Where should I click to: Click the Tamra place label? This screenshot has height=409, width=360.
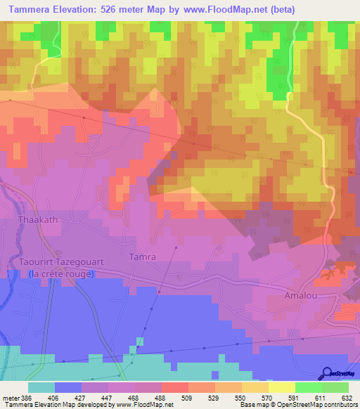click(142, 257)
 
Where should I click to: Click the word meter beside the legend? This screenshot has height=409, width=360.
click(10, 397)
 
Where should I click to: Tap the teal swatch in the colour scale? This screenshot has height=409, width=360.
click(41, 387)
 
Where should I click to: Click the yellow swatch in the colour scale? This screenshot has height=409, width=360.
click(281, 387)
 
